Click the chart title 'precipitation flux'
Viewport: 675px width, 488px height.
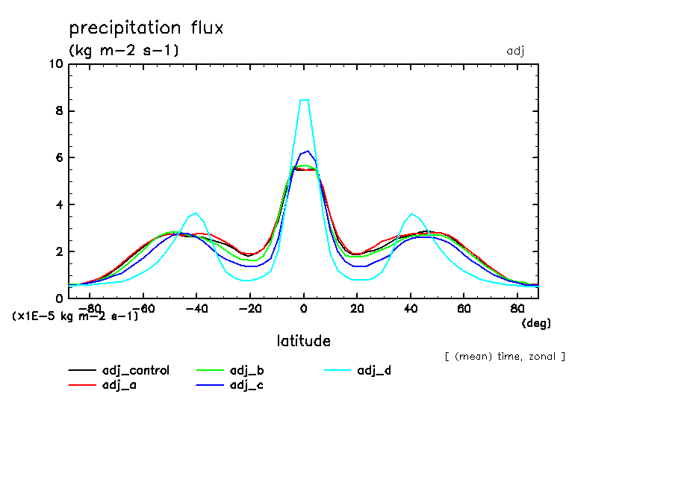pos(146,28)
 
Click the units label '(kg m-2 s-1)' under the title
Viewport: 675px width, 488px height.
pos(124,51)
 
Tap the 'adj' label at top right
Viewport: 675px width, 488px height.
pos(516,51)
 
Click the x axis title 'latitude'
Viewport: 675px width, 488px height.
pos(303,341)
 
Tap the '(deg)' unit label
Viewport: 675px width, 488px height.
pos(535,323)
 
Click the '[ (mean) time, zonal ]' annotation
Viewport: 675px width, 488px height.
pos(505,357)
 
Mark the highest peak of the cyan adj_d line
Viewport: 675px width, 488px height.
pos(304,99)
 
